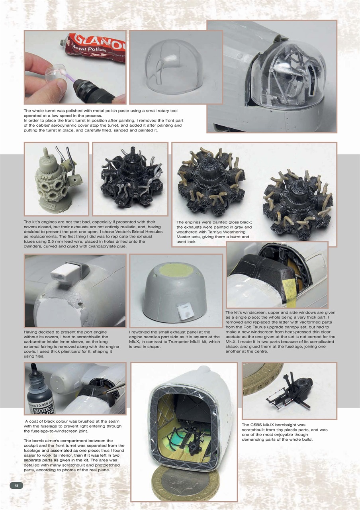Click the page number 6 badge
point(16,485)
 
